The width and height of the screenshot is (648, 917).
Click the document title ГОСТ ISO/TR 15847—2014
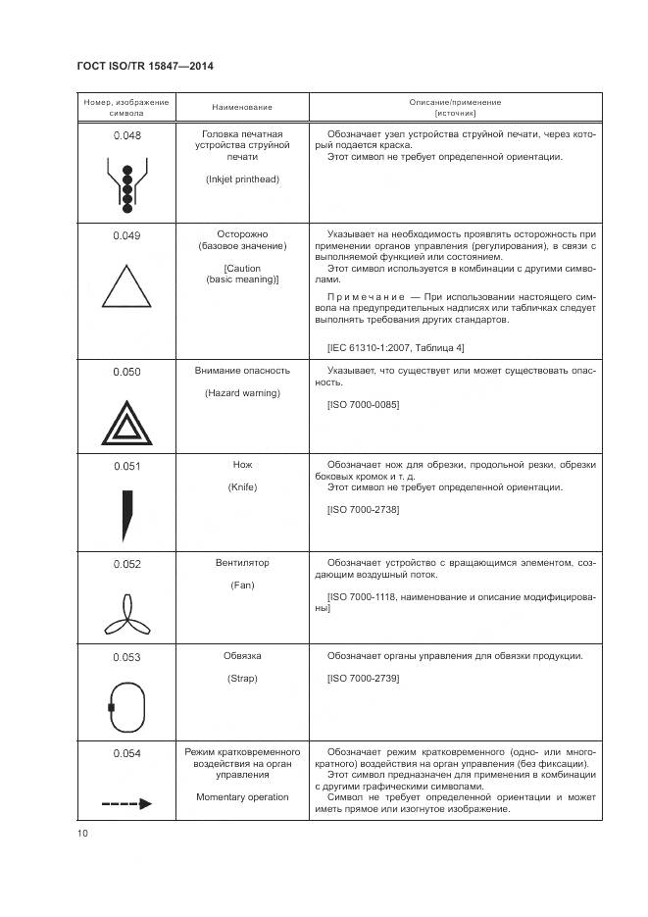[145, 67]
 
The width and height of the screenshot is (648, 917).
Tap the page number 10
[82, 833]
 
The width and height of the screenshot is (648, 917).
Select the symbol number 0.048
[126, 135]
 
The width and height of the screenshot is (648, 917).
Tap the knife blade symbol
[126, 515]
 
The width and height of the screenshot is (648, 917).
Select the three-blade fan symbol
[126, 615]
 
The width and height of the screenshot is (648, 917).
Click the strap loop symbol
[126, 706]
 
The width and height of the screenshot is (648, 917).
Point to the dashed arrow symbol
[126, 803]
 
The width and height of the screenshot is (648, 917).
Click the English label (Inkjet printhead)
[242, 179]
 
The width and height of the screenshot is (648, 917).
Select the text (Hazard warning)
[242, 393]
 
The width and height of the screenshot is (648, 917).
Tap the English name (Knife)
[242, 487]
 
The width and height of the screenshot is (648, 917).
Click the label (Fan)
[242, 585]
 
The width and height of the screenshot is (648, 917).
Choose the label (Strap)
[242, 679]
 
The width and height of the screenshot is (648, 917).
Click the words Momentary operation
[242, 797]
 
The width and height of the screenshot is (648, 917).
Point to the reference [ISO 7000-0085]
[363, 405]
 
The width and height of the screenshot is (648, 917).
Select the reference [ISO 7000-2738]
[363, 510]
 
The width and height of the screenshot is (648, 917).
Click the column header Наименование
[242, 107]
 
